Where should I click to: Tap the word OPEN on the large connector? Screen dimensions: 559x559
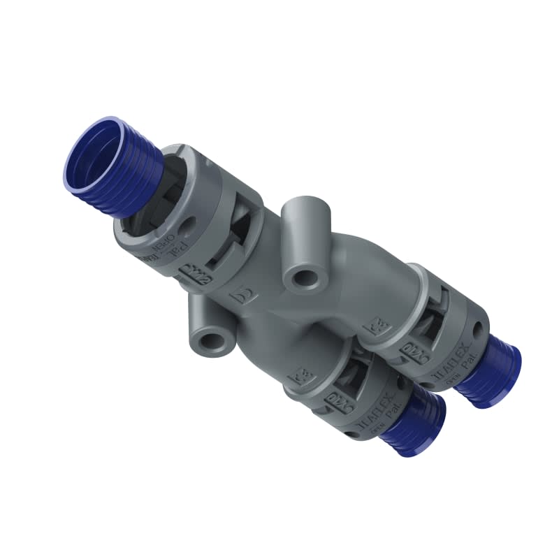[x=160, y=246]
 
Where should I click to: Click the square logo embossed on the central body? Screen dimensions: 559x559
[x=246, y=296]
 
